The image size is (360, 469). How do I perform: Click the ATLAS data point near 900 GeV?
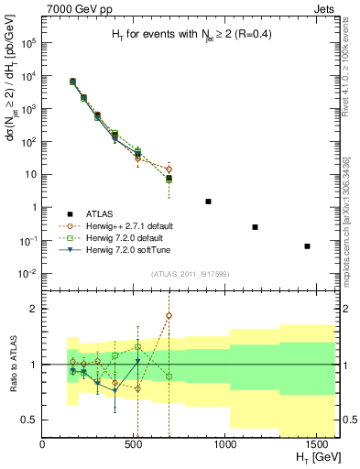point(209,201)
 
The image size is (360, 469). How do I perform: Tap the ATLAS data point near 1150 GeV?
point(255,226)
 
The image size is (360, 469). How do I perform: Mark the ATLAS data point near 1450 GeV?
point(308,245)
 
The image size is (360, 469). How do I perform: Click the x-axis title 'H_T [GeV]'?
point(313,459)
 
